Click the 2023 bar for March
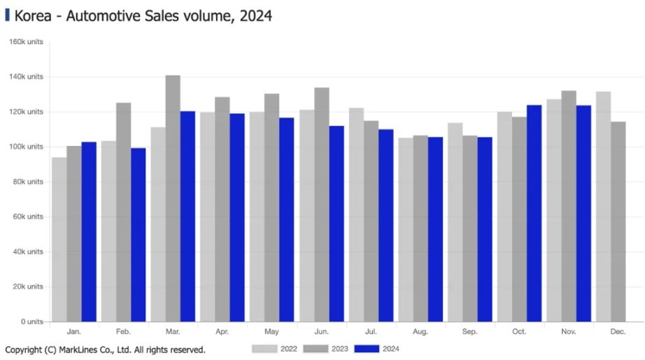tap(173, 199)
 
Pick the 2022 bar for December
tap(603, 207)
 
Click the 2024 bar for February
tap(139, 235)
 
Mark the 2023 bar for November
tap(568, 206)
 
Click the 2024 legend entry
tap(377, 348)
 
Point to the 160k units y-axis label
tap(26, 42)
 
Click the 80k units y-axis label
tap(28, 182)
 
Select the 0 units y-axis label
tap(31, 322)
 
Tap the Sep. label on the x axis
tap(469, 331)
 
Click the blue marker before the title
tap(7, 15)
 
